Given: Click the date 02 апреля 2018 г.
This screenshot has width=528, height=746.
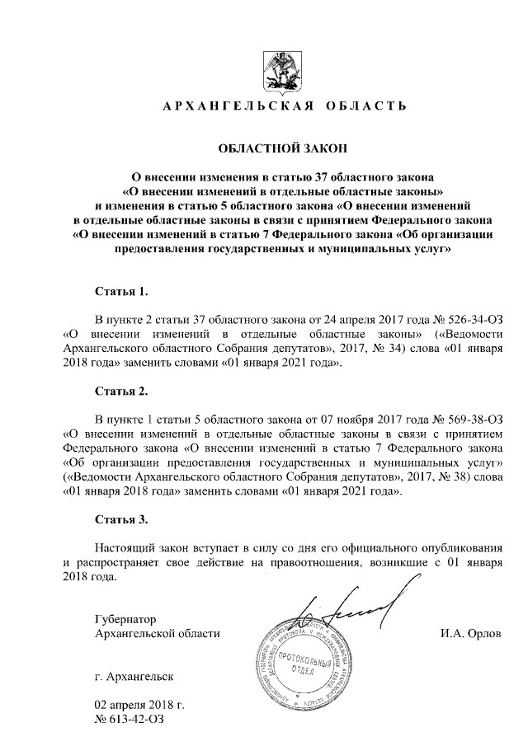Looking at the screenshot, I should click(139, 706).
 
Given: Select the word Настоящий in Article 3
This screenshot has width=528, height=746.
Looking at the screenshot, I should click(124, 548).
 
